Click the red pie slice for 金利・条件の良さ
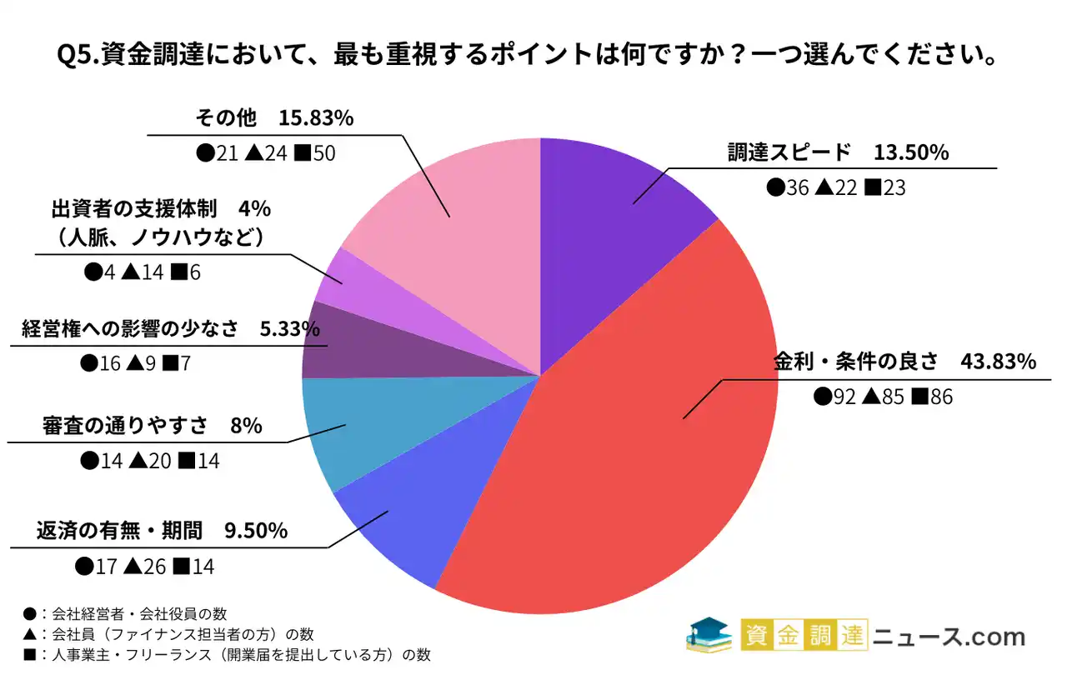tap(634, 433)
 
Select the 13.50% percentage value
tap(911, 153)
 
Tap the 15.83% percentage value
tap(316, 118)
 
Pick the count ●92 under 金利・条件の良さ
tap(834, 397)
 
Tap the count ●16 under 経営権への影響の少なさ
tap(98, 362)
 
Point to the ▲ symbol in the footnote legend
tap(30, 634)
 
